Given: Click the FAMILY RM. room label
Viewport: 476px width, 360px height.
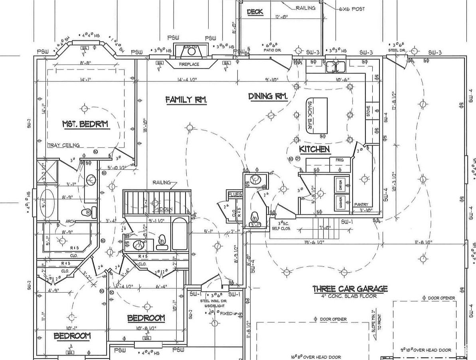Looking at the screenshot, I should pos(186,100).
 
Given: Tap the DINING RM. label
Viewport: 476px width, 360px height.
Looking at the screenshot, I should pos(268,96).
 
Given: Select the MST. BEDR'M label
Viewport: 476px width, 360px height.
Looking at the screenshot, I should pos(85,125).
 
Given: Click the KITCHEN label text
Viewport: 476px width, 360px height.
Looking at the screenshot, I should pos(315,149).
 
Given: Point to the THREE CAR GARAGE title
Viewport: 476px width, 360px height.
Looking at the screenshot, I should pos(350,289).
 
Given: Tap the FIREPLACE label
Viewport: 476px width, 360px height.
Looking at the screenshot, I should pos(189,64).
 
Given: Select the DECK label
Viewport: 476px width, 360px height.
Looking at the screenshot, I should pos(255,12).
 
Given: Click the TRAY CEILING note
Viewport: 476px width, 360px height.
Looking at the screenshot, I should pos(63,145).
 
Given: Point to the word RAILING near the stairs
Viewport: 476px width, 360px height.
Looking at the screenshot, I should pos(162,182).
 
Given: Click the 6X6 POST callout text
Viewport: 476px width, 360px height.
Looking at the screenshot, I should pos(352,9).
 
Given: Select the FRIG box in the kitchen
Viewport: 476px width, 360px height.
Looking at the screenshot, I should pos(340,160).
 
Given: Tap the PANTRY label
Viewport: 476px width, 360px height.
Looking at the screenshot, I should pos(361,205).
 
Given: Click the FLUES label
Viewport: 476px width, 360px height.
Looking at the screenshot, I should pos(235,194).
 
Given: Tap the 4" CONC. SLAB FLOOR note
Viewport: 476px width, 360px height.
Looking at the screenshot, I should pos(350,296).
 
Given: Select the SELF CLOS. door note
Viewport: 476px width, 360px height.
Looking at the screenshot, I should pos(281,229).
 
